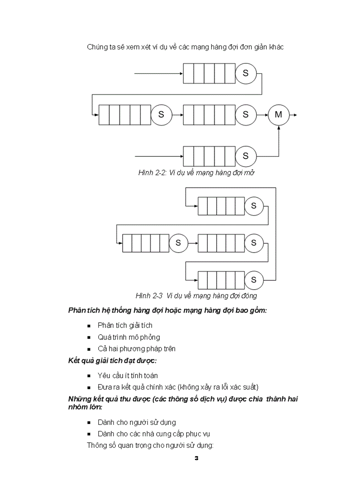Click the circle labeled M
pos(278,115)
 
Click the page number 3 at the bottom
pos(196,458)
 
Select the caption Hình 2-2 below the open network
pos(196,173)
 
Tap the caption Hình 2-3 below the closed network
pos(196,295)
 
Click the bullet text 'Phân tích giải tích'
pos(125,325)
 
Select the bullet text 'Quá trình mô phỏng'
pos(129,337)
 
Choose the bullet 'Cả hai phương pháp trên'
pos(136,349)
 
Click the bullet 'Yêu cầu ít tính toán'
pos(127,376)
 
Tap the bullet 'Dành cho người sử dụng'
pos(137,422)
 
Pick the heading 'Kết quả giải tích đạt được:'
pos(112,361)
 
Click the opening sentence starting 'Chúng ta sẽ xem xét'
pos(185,47)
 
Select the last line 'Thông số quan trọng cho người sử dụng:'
pos(150,445)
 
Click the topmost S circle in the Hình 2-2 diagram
pos(246,73)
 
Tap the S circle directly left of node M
pos(246,115)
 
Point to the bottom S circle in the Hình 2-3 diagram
pos(254,279)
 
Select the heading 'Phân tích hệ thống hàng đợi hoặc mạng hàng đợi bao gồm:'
pos(168,310)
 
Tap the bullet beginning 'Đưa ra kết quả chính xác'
pos(178,387)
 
